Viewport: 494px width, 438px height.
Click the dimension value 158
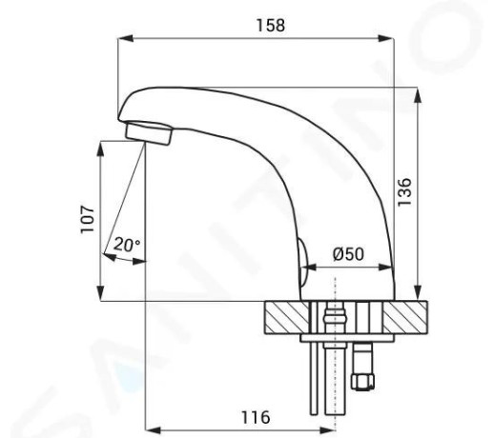point(271,26)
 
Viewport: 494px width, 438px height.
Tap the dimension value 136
point(404,191)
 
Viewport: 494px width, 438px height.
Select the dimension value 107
point(87,219)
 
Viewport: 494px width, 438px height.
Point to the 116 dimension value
point(256,417)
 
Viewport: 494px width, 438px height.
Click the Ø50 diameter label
point(348,254)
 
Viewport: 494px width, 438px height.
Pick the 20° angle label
point(127,245)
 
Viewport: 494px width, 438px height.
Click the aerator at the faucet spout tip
point(149,133)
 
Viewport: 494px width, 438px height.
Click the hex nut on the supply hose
point(362,381)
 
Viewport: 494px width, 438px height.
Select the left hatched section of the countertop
point(286,317)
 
